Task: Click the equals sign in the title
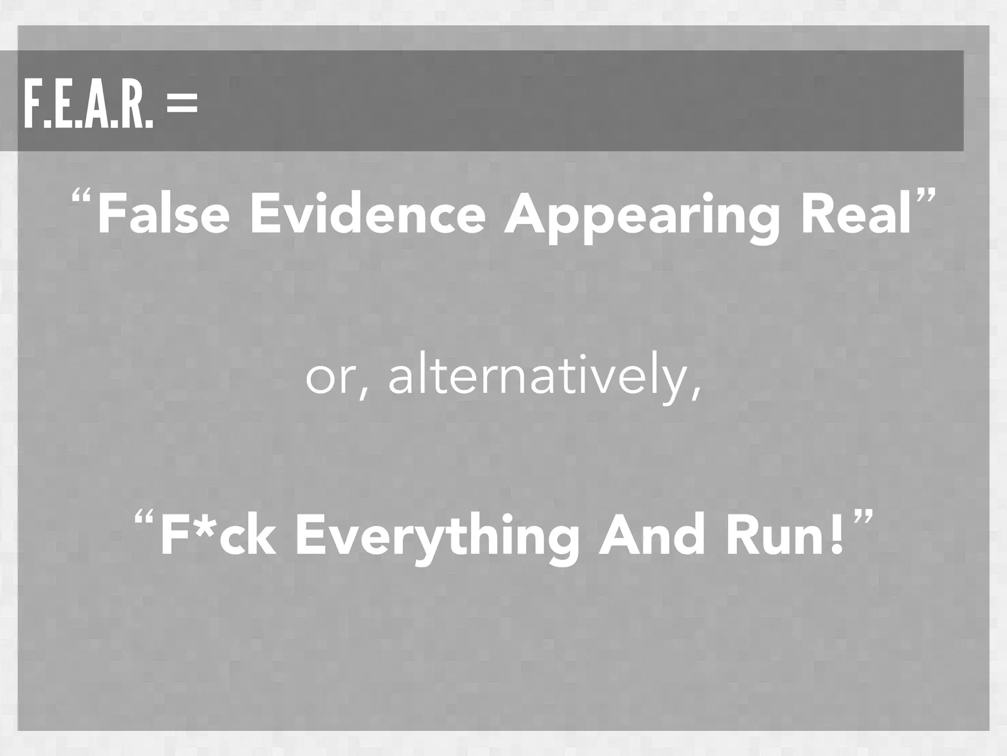182,105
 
